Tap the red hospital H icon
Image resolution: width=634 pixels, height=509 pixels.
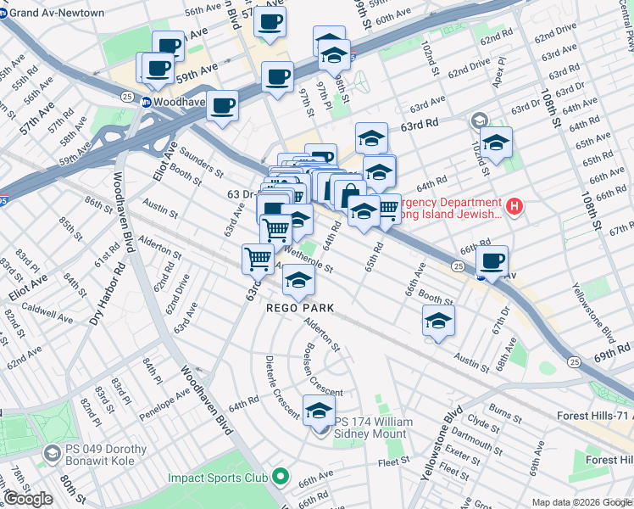pos(513,206)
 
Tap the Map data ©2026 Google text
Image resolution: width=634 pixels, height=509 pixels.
pos(581,502)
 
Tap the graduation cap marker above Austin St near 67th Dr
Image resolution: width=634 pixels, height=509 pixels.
pos(438,322)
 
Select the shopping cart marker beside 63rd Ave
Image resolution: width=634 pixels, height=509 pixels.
pos(258,258)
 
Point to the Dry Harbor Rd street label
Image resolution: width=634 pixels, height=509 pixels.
pos(105,294)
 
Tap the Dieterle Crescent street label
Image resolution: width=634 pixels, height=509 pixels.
pos(281,386)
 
